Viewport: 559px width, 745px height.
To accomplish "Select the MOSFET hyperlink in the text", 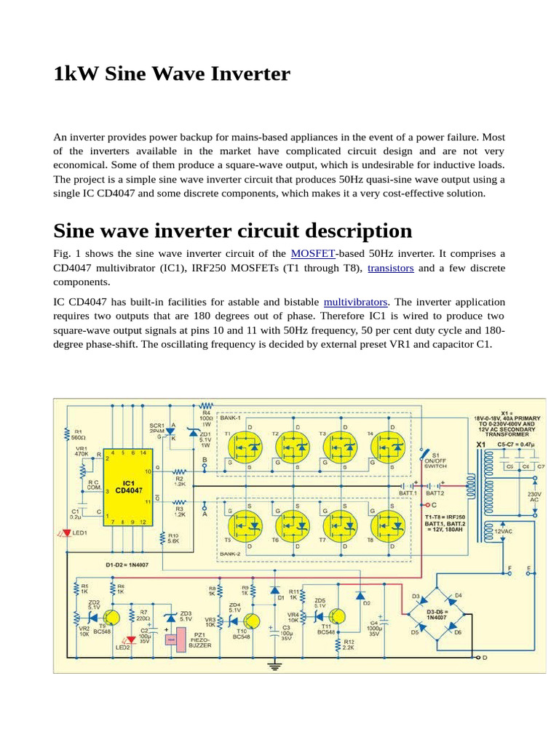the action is tap(313, 253).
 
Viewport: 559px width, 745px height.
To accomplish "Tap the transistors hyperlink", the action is tap(390, 268).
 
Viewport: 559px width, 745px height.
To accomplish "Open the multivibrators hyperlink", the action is tap(356, 301).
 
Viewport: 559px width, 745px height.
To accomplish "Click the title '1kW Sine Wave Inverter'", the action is tap(172, 74).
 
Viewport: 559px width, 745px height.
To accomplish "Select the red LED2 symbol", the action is tap(131, 640).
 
